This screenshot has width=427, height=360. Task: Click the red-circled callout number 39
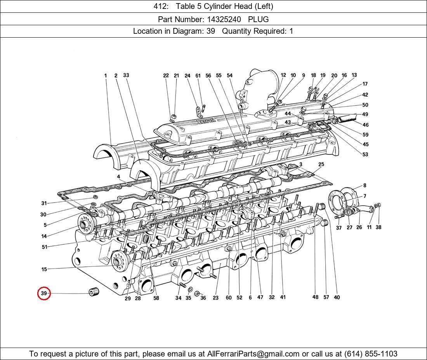(x=44, y=293)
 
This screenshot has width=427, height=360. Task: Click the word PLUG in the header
(x=258, y=19)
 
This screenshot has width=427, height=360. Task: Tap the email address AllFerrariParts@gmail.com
(x=253, y=354)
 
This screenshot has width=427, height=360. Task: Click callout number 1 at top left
(x=105, y=76)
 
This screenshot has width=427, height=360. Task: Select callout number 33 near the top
(x=126, y=75)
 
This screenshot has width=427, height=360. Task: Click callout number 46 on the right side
(x=365, y=125)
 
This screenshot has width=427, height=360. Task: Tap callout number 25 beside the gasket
(x=321, y=165)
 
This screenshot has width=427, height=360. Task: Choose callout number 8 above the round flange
(x=365, y=185)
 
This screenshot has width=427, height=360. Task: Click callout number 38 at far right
(x=378, y=227)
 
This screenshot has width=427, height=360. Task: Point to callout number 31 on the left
(x=44, y=203)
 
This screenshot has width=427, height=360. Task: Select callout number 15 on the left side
(x=44, y=269)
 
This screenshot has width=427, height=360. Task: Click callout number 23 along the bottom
(x=215, y=298)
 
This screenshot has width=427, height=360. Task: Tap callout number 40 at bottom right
(x=337, y=298)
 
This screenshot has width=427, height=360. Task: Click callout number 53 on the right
(x=365, y=154)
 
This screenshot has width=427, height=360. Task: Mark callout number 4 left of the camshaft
(x=118, y=177)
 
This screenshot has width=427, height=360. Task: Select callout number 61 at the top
(x=198, y=76)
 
